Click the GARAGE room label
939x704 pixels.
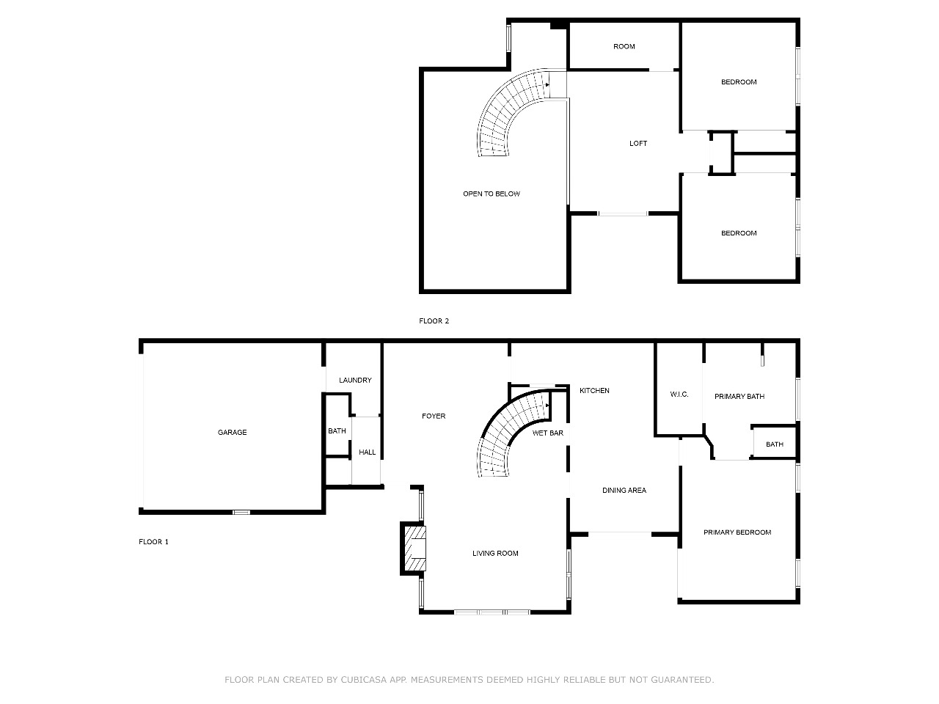232,432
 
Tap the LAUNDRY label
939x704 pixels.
355,380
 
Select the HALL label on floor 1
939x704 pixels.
367,452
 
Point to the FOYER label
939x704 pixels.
434,416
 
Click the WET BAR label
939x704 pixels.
547,433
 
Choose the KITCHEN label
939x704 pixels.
594,390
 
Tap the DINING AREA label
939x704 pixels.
624,491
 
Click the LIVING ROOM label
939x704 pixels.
495,553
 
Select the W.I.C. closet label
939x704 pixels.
679,394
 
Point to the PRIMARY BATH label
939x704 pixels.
739,396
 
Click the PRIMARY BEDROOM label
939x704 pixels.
737,532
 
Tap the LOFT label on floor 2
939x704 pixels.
637,143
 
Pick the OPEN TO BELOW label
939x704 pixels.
491,194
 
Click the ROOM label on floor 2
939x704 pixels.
624,46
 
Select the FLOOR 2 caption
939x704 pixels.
434,320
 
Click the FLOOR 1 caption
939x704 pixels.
153,542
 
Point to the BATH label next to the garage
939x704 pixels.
337,431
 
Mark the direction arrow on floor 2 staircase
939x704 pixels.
547,84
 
